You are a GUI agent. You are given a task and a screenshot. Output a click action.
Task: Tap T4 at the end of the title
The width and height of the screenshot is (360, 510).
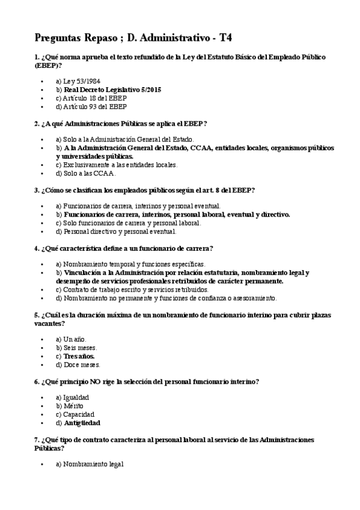click(225, 38)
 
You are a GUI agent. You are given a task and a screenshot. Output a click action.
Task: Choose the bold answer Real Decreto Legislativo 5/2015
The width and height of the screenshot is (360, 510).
click(112, 89)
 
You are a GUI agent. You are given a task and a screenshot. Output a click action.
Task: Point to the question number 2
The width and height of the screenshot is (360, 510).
click(37, 123)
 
